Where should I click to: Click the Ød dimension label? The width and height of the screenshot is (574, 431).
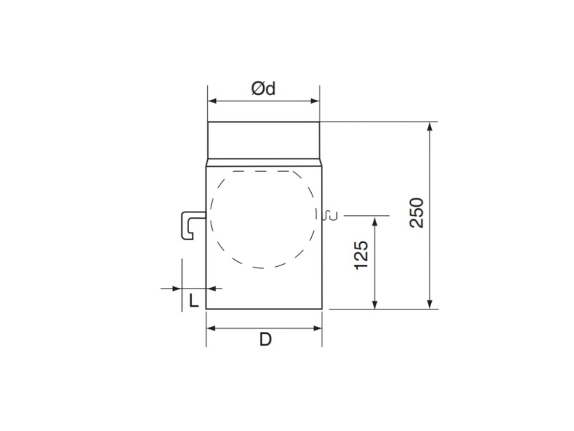point(263,88)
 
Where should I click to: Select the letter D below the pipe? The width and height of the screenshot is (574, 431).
point(265,339)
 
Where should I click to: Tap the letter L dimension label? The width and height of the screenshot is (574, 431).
point(195,301)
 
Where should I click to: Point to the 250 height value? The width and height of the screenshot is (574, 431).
point(416,212)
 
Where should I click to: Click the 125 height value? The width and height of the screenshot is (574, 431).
point(361,256)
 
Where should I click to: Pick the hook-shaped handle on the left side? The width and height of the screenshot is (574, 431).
point(191,226)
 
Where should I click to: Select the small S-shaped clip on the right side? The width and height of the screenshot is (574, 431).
point(331,215)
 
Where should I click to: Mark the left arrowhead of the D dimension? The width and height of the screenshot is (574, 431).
point(211,326)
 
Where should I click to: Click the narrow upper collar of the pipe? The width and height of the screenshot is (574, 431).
point(264,140)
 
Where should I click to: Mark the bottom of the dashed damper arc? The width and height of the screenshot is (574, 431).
point(264,267)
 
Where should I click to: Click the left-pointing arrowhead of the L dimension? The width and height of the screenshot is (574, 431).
point(212,288)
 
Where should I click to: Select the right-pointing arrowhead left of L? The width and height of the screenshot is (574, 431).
point(176,288)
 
